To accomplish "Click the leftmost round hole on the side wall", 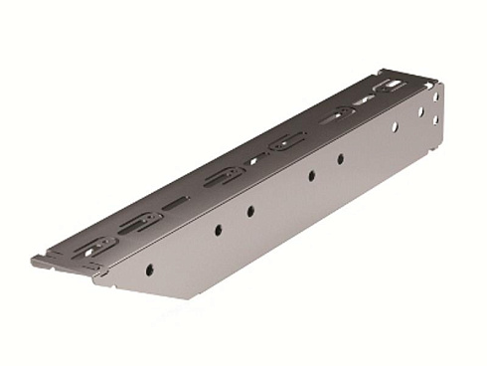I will (148, 269).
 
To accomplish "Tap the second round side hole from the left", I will (218, 230).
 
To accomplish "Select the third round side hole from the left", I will (249, 211).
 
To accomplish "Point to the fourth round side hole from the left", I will (310, 176).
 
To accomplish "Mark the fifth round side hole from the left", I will (340, 158).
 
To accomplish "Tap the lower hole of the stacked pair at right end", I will (434, 121).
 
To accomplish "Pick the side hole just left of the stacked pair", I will (419, 112).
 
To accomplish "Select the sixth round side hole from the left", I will (395, 127).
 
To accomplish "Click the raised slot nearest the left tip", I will (97, 245).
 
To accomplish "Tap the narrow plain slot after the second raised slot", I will (176, 203).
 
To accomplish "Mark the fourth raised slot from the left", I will (287, 142).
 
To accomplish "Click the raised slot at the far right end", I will (389, 88).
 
